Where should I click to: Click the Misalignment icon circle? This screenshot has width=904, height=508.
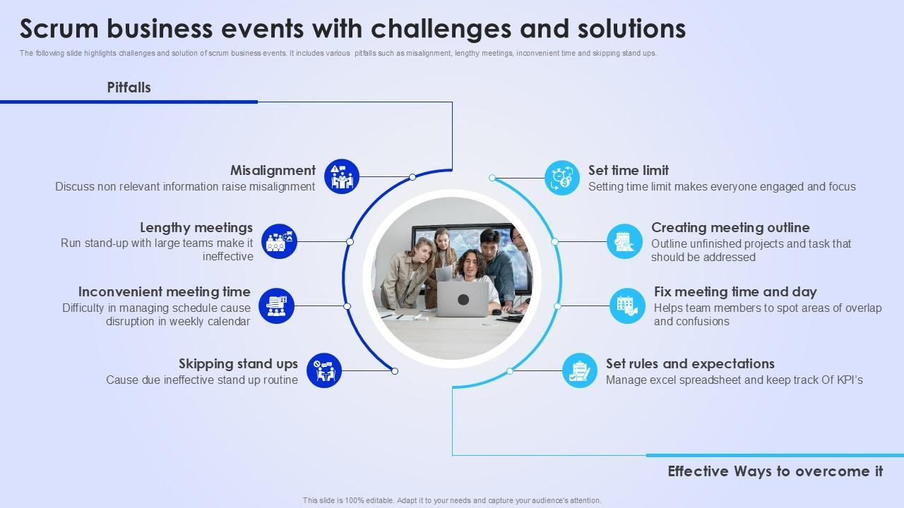342,176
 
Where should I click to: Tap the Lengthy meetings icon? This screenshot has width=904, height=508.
279,241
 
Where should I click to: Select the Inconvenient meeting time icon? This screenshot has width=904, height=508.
276,306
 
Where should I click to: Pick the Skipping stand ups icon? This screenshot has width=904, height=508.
324,370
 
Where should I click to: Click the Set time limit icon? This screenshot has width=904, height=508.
562,177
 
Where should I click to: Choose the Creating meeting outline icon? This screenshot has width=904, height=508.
624,242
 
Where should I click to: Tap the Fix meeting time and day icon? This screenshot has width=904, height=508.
627,306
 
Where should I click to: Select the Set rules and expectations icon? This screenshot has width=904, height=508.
580,370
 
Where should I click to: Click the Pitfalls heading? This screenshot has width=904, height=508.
129,87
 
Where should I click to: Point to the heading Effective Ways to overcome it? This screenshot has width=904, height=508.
775,471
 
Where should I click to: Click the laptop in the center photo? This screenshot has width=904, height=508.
463,299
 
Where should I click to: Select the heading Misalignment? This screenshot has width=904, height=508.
273,171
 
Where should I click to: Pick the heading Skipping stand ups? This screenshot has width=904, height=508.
238,364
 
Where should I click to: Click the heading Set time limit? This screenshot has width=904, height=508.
629,171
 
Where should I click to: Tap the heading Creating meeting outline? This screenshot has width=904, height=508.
730,228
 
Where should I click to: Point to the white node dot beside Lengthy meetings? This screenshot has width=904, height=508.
350,242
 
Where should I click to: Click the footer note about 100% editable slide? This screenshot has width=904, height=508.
452,500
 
